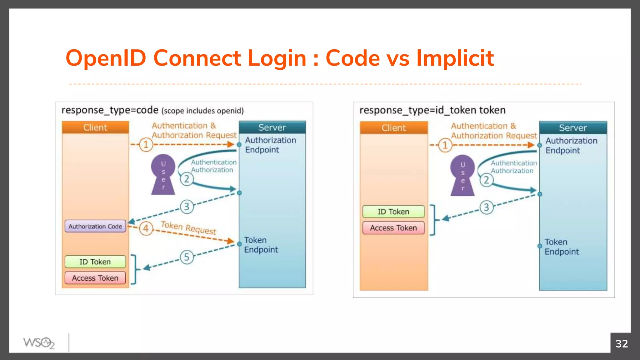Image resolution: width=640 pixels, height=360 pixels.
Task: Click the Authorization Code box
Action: tap(95, 226)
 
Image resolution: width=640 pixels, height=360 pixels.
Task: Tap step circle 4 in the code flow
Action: tap(146, 228)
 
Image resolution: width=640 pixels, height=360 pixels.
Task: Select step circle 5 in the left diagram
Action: tap(187, 257)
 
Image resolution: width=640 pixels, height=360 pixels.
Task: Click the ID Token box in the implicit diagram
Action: tap(393, 212)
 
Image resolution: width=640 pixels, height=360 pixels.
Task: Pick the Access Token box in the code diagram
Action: tap(95, 278)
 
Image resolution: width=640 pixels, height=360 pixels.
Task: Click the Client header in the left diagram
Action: tap(95, 127)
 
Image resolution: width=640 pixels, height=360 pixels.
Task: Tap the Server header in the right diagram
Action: tap(573, 128)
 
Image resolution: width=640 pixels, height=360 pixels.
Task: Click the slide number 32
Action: tap(622, 344)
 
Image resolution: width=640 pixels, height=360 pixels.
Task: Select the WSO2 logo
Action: tap(39, 343)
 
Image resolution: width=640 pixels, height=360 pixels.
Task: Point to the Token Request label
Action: tap(188, 227)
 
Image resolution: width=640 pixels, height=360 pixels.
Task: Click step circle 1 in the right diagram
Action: tap(445, 145)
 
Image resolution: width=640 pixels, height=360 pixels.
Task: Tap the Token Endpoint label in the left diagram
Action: tap(261, 245)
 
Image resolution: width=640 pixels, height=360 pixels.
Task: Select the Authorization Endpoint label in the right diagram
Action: tap(571, 146)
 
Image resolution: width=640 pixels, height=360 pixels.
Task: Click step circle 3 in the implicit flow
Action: tap(486, 207)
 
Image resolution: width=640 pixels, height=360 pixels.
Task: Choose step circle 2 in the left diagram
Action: tap(187, 179)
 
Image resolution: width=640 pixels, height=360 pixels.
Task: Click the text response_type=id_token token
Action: tap(432, 110)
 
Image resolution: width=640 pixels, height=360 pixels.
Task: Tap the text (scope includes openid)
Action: tap(202, 111)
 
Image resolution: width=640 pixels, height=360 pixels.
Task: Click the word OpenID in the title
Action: tap(106, 58)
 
